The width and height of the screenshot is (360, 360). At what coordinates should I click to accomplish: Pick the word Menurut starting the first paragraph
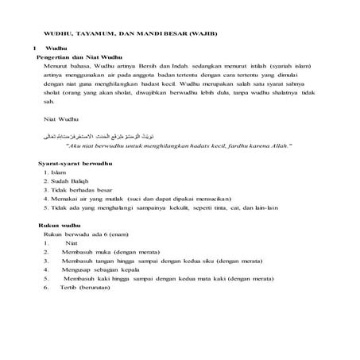[x=57, y=68]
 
